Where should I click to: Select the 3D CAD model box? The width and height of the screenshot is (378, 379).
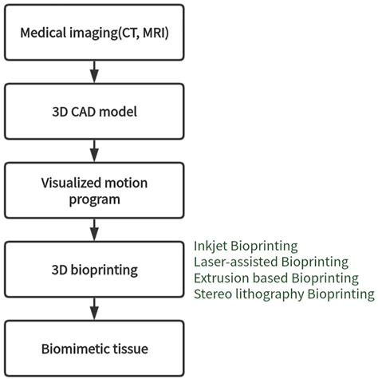pyautogui.click(x=94, y=111)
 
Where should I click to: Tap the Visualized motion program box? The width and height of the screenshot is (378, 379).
pyautogui.click(x=94, y=190)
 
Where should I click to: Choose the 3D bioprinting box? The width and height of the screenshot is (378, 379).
pyautogui.click(x=94, y=270)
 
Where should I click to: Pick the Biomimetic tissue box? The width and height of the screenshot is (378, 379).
pyautogui.click(x=94, y=349)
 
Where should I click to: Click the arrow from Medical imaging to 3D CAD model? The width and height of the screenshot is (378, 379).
pyautogui.click(x=94, y=71)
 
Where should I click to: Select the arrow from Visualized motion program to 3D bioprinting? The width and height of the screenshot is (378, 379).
pyautogui.click(x=94, y=230)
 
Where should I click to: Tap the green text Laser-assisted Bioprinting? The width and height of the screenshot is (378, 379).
pyautogui.click(x=270, y=262)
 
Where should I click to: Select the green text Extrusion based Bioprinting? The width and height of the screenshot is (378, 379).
pyautogui.click(x=275, y=278)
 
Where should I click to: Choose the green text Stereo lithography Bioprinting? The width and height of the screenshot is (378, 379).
pyautogui.click(x=283, y=294)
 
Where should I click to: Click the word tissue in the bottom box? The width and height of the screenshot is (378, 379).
pyautogui.click(x=133, y=349)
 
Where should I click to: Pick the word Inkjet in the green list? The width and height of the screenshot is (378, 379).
pyautogui.click(x=210, y=246)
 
